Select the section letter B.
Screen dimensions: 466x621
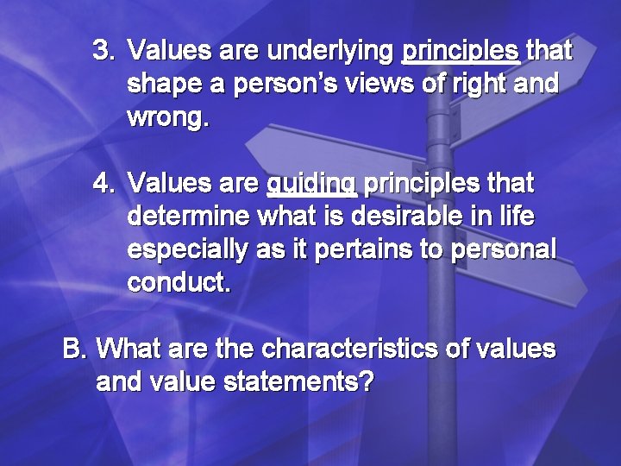[75, 349]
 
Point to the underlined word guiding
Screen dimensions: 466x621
[311, 185]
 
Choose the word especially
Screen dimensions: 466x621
[187, 250]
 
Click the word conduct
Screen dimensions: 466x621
[179, 282]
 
